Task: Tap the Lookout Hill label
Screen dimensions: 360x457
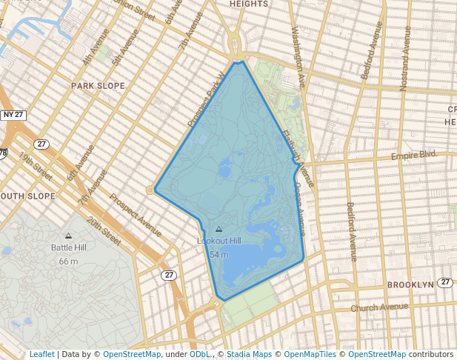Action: (x=219, y=241)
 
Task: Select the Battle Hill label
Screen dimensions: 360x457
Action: (x=69, y=247)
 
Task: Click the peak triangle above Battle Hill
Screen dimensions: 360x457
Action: (x=69, y=236)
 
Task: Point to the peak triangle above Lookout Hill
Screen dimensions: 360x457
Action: (x=218, y=230)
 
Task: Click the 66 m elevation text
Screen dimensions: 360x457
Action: (x=69, y=261)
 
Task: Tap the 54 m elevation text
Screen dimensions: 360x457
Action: (x=219, y=254)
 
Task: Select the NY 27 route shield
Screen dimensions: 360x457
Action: (x=13, y=115)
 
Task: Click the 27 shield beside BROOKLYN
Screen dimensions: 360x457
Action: (x=444, y=282)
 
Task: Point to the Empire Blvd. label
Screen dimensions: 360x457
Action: (x=414, y=156)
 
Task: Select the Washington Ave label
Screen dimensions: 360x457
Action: (x=298, y=55)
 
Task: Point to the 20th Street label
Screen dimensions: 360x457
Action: (x=104, y=232)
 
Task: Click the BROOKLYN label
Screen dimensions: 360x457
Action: (x=410, y=284)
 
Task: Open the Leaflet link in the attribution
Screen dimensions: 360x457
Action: (x=41, y=354)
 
